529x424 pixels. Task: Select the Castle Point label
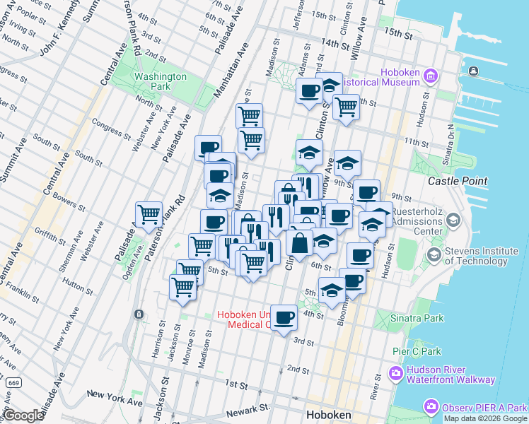click(x=458, y=181)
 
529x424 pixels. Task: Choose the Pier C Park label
click(x=417, y=351)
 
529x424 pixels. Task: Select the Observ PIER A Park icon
click(x=431, y=407)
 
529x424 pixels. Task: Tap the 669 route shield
click(x=13, y=382)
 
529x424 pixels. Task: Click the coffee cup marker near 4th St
click(x=284, y=317)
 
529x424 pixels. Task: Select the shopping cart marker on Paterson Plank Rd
click(x=149, y=213)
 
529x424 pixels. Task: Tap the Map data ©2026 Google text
click(x=484, y=418)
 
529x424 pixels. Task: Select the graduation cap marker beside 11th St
click(x=309, y=152)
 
